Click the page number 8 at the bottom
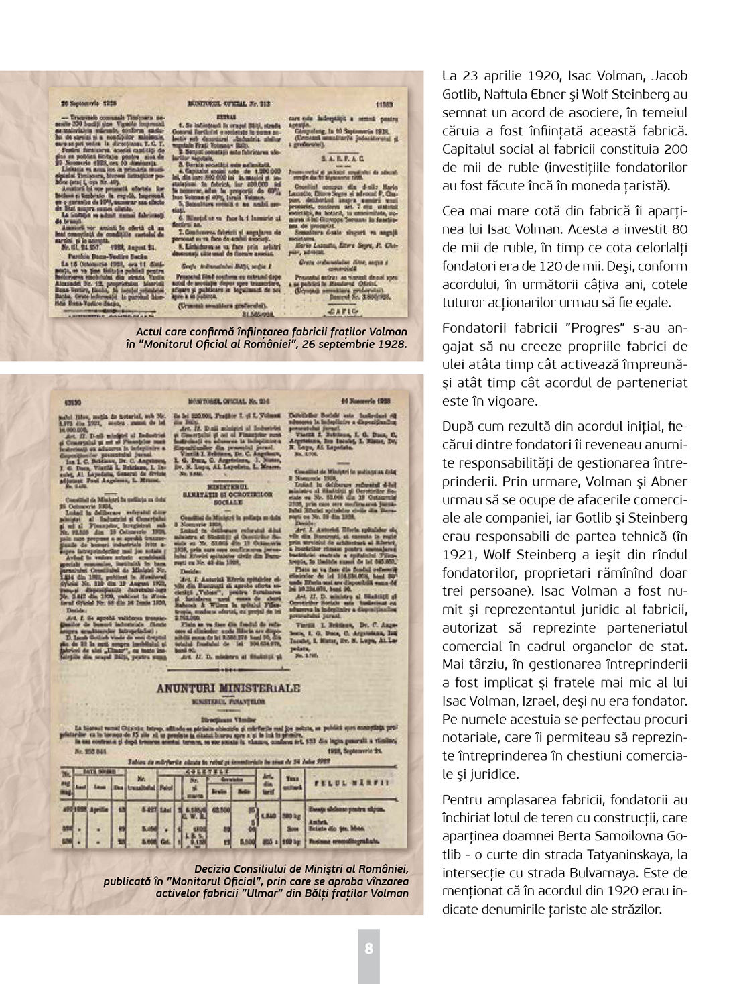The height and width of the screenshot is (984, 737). click(x=368, y=948)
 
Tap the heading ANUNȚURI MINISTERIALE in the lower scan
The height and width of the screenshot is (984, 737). click(x=228, y=689)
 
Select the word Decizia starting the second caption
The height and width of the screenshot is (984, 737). click(x=216, y=869)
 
